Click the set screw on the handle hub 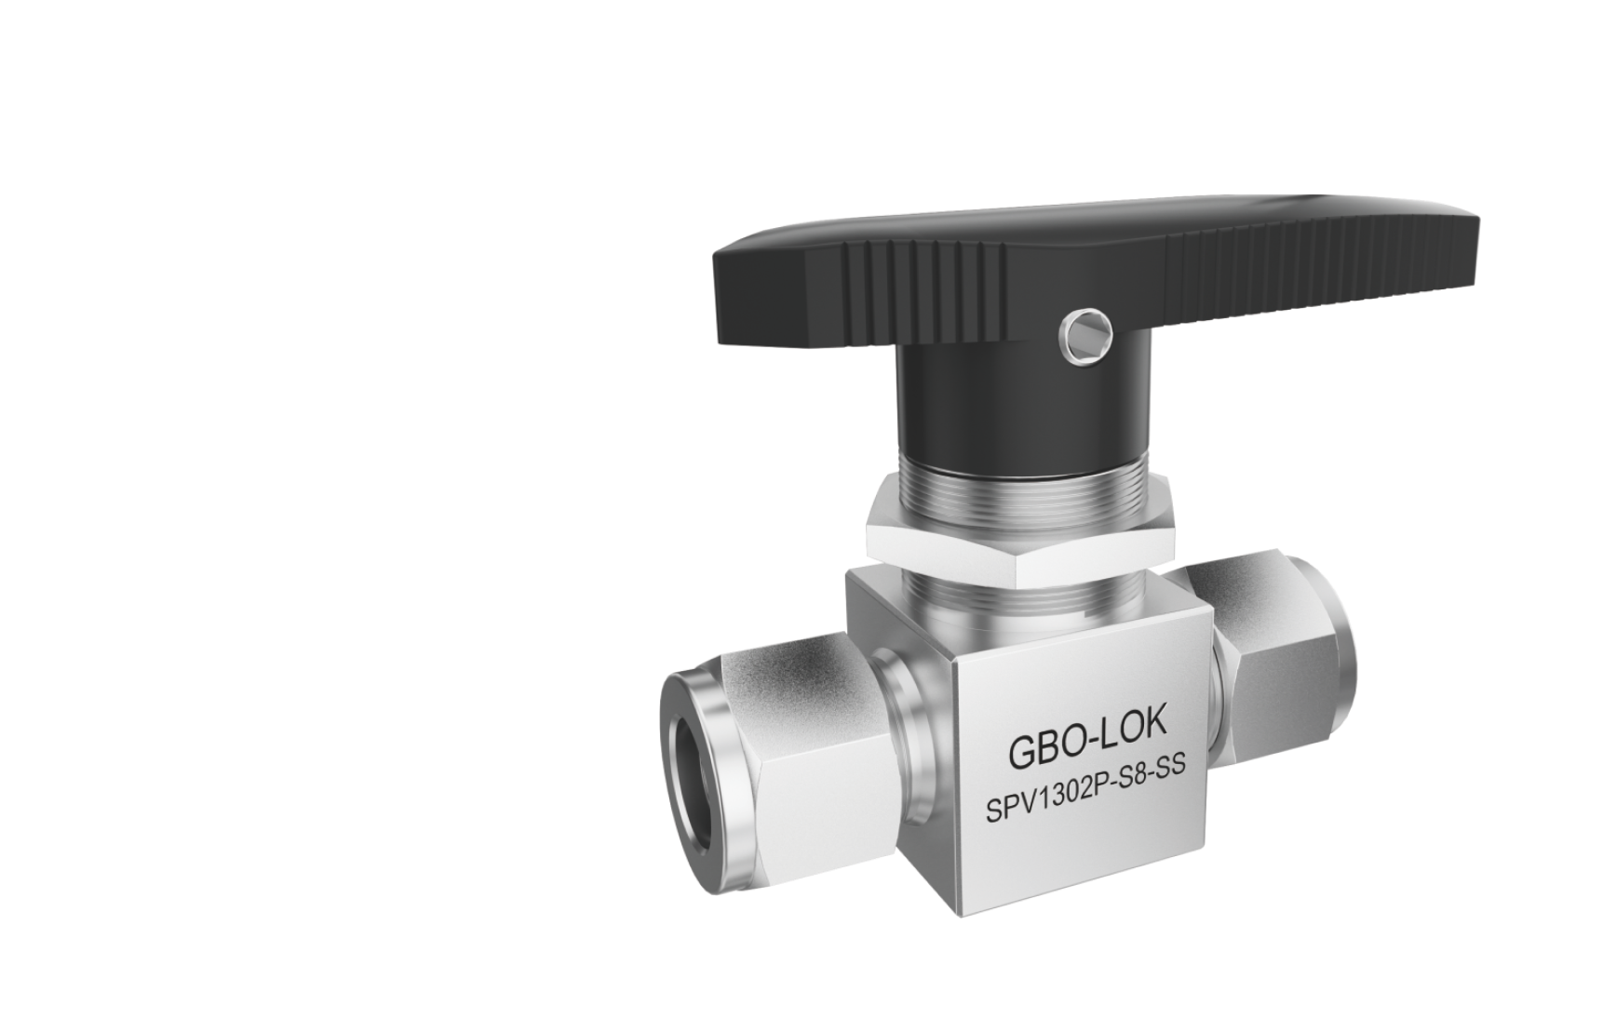click(x=1085, y=330)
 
